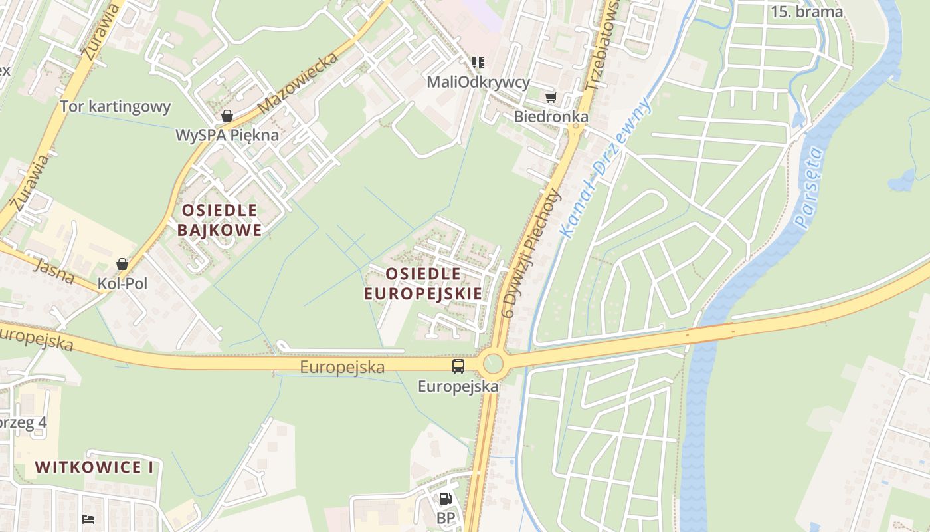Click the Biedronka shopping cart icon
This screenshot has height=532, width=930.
[x=551, y=98]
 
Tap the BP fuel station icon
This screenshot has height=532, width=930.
[x=445, y=499]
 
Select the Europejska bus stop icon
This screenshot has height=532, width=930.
[x=458, y=366]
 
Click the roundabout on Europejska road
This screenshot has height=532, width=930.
[x=493, y=364]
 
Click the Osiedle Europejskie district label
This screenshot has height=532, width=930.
[x=423, y=283]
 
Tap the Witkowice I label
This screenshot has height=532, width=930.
[x=94, y=467]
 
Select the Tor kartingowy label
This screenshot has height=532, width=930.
[x=116, y=106]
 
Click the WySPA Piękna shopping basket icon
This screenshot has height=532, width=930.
[x=227, y=116]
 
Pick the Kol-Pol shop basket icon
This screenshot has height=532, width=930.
[x=122, y=264]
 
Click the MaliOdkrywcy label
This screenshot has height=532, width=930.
[x=478, y=82]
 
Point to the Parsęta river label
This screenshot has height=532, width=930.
[x=810, y=189]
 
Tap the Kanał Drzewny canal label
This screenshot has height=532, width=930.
[x=604, y=167]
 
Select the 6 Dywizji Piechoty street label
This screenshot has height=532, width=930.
[x=531, y=253]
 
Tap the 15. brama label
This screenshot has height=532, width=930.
[x=806, y=12]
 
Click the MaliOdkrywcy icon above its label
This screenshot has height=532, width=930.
[x=478, y=63]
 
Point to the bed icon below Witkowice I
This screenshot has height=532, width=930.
[x=88, y=519]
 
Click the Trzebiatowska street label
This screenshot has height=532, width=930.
[x=603, y=47]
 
